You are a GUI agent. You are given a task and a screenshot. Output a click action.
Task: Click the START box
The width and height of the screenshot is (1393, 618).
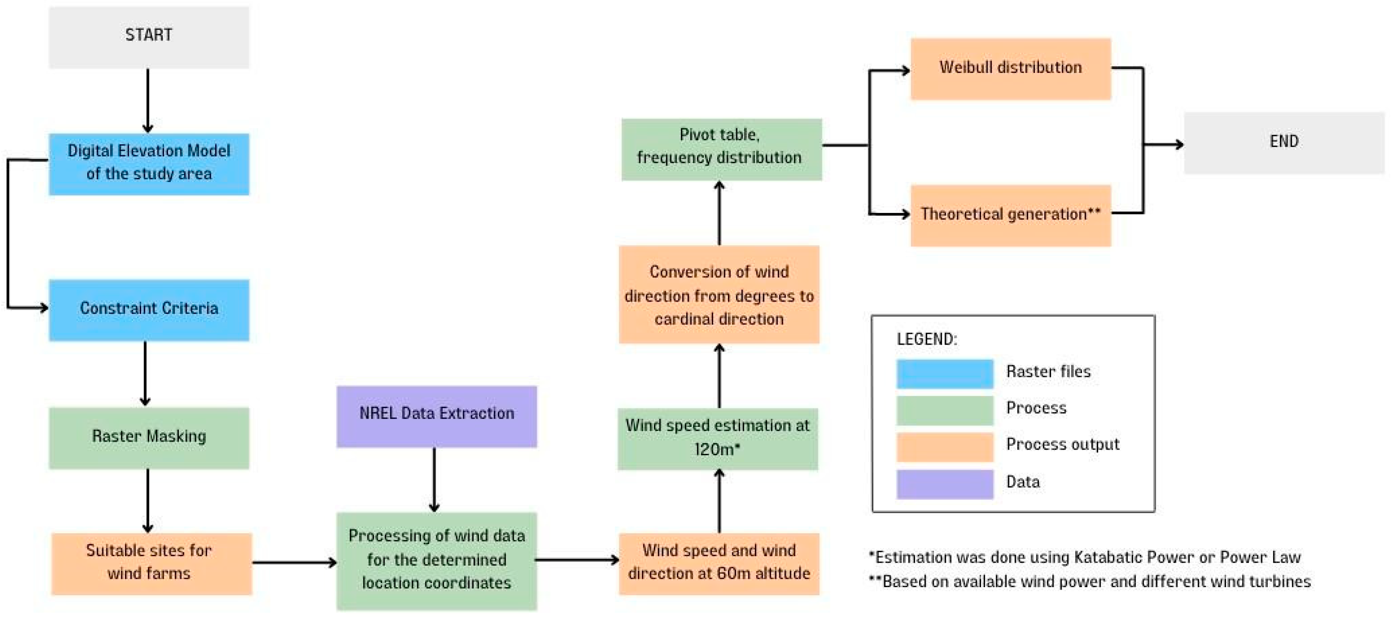coord(149,37)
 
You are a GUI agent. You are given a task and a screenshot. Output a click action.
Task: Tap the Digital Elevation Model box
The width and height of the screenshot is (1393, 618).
coord(149,163)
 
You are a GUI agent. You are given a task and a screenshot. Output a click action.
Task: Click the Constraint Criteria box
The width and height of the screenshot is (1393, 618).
coord(149,309)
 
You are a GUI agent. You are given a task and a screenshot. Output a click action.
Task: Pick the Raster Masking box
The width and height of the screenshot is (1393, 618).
coord(149,437)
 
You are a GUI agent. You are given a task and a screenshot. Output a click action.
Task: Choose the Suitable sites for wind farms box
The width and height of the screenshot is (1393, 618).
coord(152,563)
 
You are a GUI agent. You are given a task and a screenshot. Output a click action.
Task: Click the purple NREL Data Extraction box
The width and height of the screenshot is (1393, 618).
coord(436,415)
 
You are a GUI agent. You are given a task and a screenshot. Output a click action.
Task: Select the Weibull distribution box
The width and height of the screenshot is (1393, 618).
coord(1010,68)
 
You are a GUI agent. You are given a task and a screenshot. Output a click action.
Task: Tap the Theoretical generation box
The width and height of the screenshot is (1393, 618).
coord(1010,215)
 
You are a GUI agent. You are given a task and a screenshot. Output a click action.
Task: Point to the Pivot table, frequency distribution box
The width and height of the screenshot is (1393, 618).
coord(721,149)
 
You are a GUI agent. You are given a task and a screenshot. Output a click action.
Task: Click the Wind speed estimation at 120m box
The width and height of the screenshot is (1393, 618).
coord(718,438)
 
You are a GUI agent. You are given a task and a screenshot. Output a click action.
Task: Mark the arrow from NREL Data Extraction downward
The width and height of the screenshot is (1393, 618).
coord(434,480)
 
